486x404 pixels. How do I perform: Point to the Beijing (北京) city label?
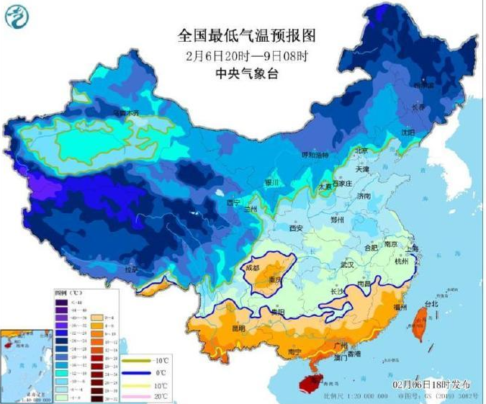click(x=362, y=151)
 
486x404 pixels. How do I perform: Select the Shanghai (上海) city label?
click(x=412, y=248)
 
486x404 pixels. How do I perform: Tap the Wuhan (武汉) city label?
click(x=348, y=265)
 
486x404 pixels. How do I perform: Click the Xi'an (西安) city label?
click(x=296, y=228)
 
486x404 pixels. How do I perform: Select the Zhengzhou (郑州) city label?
click(x=336, y=219)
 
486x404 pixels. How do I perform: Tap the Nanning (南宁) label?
click(x=294, y=352)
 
